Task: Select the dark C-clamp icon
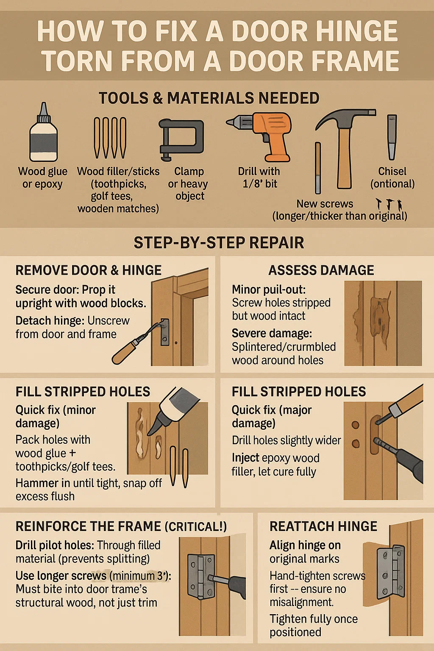click(x=181, y=139)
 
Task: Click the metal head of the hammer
click(x=346, y=117)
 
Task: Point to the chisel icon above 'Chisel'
click(x=392, y=137)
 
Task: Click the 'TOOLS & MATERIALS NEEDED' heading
click(x=209, y=98)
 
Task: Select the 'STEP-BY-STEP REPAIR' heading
click(x=219, y=242)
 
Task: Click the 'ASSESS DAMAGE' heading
click(x=321, y=270)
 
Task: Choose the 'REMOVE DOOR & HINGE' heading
click(x=89, y=270)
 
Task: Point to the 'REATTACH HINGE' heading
click(x=323, y=526)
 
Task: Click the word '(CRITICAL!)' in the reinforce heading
click(x=196, y=527)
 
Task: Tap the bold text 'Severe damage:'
click(x=272, y=334)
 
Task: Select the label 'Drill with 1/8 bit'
click(x=259, y=177)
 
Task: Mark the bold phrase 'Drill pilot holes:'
click(x=55, y=545)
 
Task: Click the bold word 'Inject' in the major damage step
click(x=245, y=458)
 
